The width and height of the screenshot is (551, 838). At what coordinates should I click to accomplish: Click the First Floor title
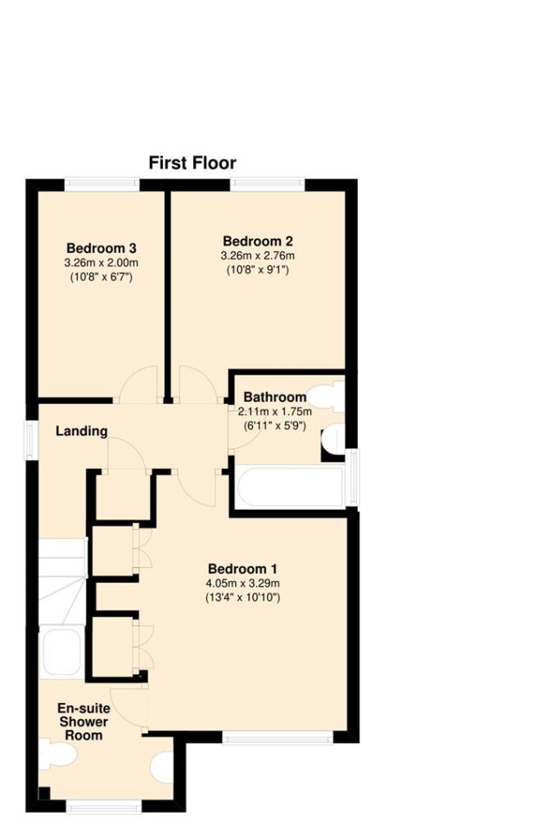[x=192, y=163]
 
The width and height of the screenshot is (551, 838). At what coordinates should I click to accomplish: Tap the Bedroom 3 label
[x=102, y=248]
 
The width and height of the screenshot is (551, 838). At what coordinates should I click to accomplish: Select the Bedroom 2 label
[x=258, y=241]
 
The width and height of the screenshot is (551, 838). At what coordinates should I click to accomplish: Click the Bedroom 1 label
[x=242, y=569]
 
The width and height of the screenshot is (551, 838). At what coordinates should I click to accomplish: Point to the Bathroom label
[x=275, y=397]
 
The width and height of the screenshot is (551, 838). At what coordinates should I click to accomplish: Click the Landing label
[x=82, y=430]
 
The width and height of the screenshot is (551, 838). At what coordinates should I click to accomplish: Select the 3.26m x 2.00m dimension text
[x=102, y=263]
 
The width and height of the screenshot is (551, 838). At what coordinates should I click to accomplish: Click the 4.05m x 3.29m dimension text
[x=242, y=583]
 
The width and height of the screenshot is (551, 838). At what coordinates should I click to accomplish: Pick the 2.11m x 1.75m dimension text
[x=275, y=412]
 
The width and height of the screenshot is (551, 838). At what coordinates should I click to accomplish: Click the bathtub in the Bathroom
[x=291, y=487]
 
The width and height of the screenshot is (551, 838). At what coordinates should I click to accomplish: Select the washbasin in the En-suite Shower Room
[x=162, y=768]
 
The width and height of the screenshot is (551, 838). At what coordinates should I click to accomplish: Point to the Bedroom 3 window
[x=102, y=184]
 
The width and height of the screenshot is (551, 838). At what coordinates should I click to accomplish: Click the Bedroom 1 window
[x=278, y=737]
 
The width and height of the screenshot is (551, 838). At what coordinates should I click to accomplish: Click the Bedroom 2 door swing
[x=198, y=384]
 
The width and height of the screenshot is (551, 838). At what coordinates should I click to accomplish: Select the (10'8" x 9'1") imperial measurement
[x=258, y=270]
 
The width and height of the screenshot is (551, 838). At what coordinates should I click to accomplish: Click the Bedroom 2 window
[x=268, y=184]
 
